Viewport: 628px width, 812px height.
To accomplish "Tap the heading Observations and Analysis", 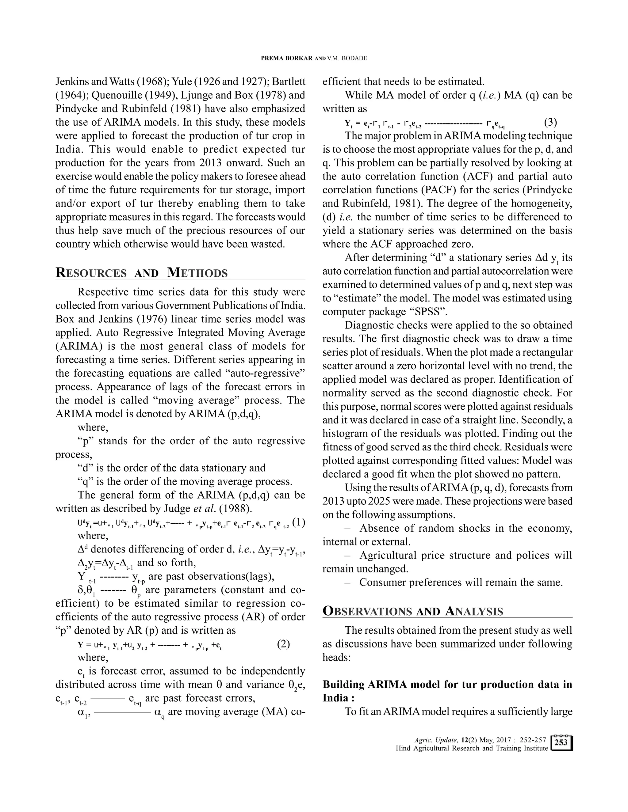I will tap(413, 611).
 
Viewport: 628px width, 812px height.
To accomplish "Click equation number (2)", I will tap(284, 644).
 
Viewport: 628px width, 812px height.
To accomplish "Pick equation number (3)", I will tap(551, 122).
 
